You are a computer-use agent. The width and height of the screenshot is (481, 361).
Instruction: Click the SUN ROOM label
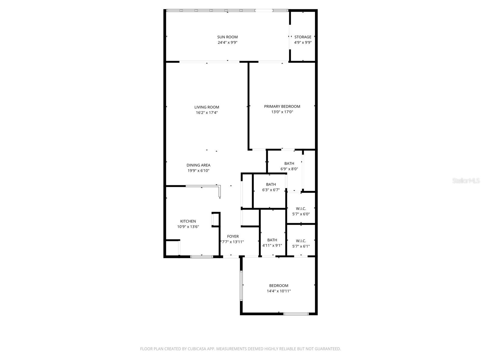point(227,37)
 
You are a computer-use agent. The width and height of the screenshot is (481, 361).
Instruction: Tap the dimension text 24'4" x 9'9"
point(227,42)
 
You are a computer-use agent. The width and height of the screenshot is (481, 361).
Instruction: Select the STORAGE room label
point(303,37)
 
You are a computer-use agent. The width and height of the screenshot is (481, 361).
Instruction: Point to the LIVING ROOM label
point(207,107)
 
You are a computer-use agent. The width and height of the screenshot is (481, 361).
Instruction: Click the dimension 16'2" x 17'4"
point(207,113)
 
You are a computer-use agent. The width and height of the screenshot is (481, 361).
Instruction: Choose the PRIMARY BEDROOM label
point(282,106)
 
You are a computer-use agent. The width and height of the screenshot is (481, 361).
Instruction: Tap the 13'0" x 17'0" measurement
point(282,112)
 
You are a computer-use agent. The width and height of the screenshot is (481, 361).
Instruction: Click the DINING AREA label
point(198,165)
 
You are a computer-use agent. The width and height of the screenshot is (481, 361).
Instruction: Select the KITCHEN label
point(188,221)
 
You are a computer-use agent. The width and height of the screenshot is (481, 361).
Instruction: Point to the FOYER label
point(233,236)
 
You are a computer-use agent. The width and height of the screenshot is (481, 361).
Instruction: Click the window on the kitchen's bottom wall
point(202,257)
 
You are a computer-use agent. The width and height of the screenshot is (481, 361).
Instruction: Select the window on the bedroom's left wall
point(241,285)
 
